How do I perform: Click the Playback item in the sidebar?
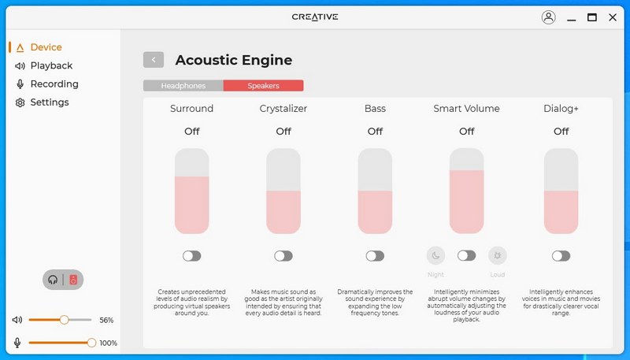pyautogui.click(x=44, y=65)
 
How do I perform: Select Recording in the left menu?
pyautogui.click(x=46, y=84)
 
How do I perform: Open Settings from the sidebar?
pyautogui.click(x=43, y=102)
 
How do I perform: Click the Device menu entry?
pyautogui.click(x=39, y=47)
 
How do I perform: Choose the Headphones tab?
pyautogui.click(x=183, y=86)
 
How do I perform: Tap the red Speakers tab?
pyautogui.click(x=263, y=86)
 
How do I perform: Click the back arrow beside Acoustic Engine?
pyautogui.click(x=154, y=60)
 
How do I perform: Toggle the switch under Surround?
pyautogui.click(x=191, y=256)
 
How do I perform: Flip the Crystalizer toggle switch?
pyautogui.click(x=283, y=256)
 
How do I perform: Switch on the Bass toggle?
pyautogui.click(x=375, y=256)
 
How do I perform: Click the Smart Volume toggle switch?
pyautogui.click(x=466, y=255)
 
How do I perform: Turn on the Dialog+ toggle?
pyautogui.click(x=561, y=256)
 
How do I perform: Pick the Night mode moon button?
pyautogui.click(x=436, y=255)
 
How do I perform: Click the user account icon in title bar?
pyautogui.click(x=548, y=17)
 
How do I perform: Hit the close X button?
pyautogui.click(x=613, y=17)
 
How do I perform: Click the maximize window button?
pyautogui.click(x=592, y=17)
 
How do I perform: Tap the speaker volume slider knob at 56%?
pyautogui.click(x=64, y=320)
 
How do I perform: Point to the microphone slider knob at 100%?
pyautogui.click(x=91, y=343)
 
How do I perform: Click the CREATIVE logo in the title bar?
pyautogui.click(x=315, y=17)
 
